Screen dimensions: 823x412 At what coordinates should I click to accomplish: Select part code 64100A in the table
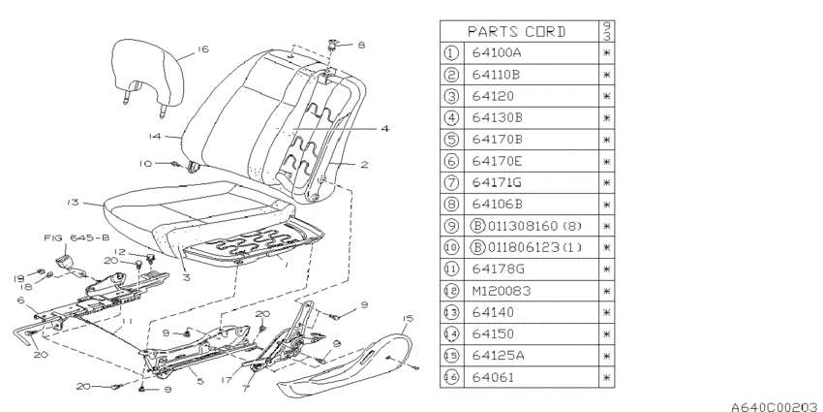(496, 53)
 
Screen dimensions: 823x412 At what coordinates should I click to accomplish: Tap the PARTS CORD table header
(517, 32)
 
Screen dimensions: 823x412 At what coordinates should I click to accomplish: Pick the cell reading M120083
(502, 291)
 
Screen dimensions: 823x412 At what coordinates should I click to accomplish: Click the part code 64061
(493, 377)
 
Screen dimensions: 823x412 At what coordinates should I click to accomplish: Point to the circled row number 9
(451, 226)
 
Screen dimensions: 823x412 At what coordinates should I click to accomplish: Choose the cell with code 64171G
(497, 182)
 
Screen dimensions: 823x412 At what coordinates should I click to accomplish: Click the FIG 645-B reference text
(76, 238)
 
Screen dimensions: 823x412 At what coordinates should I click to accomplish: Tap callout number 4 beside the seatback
(385, 128)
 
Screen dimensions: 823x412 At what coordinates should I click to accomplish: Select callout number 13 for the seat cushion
(73, 203)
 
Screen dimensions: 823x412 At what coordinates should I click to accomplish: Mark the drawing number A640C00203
(776, 406)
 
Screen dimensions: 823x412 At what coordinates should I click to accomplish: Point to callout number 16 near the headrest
(203, 48)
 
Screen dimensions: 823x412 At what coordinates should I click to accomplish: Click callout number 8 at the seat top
(361, 46)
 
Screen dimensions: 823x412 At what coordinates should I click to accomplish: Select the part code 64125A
(498, 356)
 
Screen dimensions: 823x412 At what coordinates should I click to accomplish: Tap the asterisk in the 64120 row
(607, 96)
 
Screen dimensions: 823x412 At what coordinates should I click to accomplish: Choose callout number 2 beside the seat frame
(364, 165)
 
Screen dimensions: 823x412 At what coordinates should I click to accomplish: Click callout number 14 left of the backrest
(154, 137)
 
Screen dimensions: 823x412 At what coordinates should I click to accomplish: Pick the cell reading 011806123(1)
(527, 247)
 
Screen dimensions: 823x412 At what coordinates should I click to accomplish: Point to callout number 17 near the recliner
(227, 379)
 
